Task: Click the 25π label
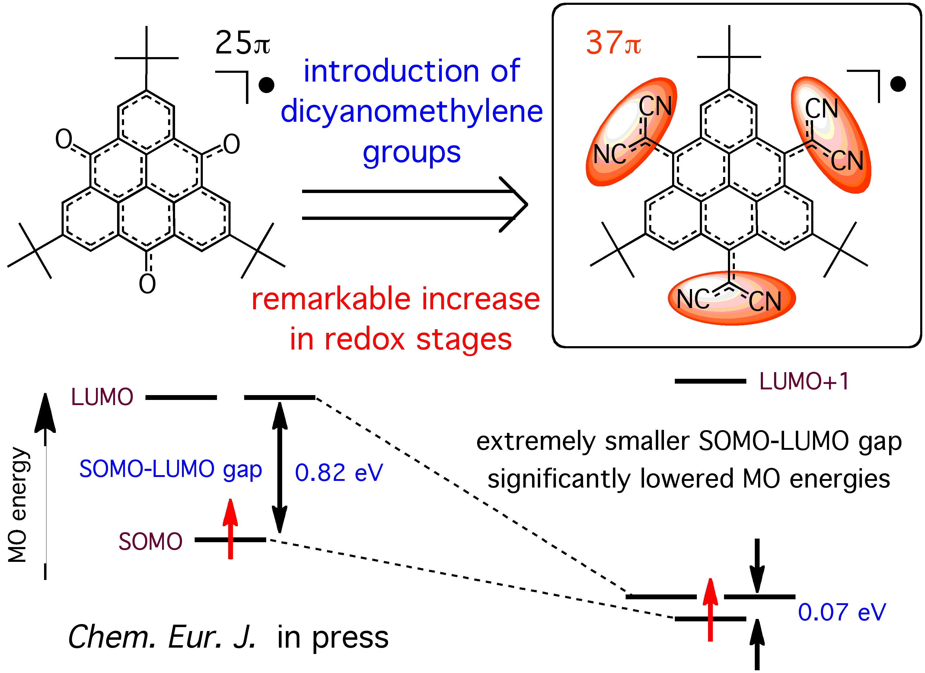(x=242, y=43)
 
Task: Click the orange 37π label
(x=613, y=43)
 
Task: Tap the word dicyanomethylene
(x=412, y=111)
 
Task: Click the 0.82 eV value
(x=339, y=473)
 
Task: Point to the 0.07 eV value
(x=842, y=612)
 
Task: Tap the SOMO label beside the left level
(x=150, y=542)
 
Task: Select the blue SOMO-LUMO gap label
(x=171, y=469)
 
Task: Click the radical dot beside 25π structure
(x=266, y=85)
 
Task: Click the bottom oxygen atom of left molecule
(x=147, y=284)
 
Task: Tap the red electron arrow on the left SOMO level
(x=231, y=529)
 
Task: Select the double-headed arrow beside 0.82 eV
(x=280, y=467)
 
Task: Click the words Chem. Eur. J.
(x=162, y=637)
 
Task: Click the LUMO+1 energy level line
(x=710, y=381)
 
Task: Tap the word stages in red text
(x=464, y=340)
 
